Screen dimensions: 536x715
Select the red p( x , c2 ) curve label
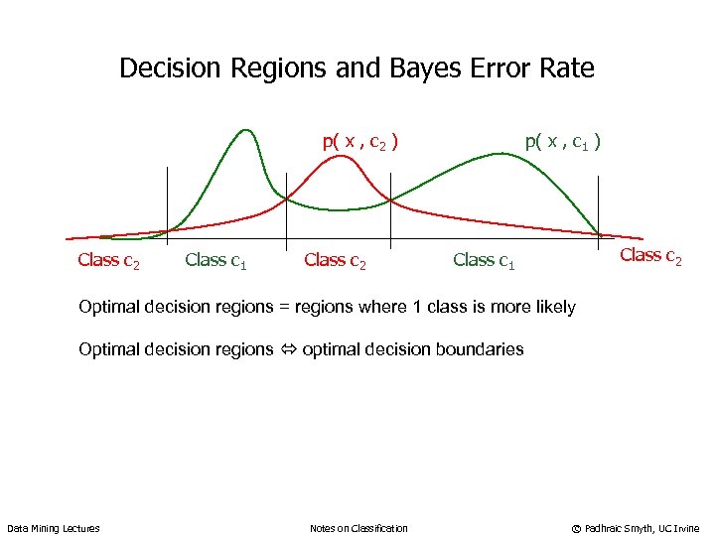pyautogui.click(x=360, y=142)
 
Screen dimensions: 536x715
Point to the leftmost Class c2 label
pyautogui.click(x=108, y=261)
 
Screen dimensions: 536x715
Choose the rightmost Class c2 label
pyautogui.click(x=650, y=256)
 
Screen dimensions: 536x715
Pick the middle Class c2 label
pyautogui.click(x=335, y=261)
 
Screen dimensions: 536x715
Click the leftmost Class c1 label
pyautogui.click(x=215, y=261)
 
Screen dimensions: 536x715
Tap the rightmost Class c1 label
pyautogui.click(x=484, y=261)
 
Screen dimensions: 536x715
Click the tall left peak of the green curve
pyautogui.click(x=245, y=130)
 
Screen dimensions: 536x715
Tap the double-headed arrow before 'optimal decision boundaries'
pyautogui.click(x=289, y=349)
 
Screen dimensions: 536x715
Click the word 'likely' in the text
pyautogui.click(x=552, y=307)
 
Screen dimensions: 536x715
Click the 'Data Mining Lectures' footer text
pyautogui.click(x=53, y=528)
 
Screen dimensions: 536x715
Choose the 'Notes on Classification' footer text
pyautogui.click(x=358, y=528)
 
